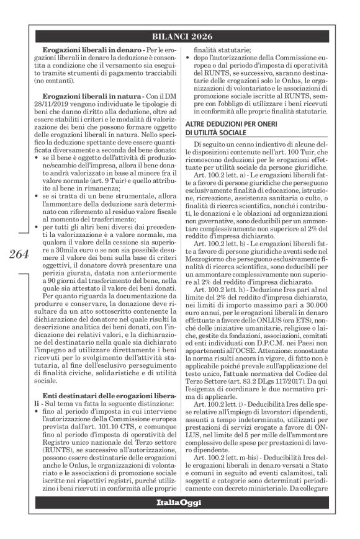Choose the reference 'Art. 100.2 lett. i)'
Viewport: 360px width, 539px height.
click(229, 424)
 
